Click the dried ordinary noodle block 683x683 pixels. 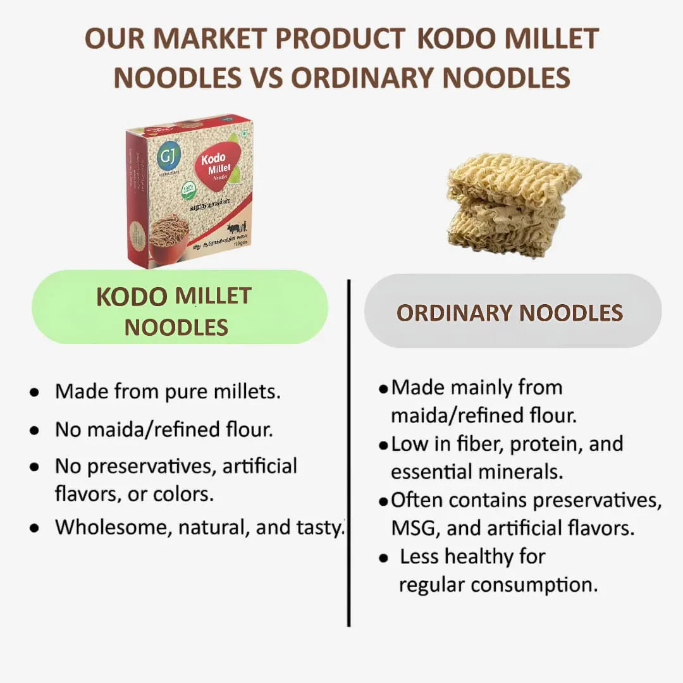513,204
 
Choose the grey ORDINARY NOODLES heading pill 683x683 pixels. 512,311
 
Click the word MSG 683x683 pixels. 411,528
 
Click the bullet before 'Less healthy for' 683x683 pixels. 383,558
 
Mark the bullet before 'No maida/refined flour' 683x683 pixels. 34,431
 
